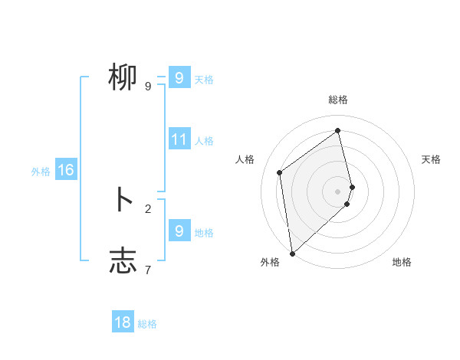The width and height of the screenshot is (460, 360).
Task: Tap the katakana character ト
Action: click(x=123, y=201)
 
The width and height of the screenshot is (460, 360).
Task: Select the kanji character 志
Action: click(x=123, y=260)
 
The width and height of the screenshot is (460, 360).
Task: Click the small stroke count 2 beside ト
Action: click(x=148, y=208)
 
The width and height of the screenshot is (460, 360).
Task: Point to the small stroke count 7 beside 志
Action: click(x=148, y=269)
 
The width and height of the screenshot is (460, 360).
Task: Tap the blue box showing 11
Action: click(x=179, y=139)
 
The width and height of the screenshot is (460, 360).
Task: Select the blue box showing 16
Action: click(x=66, y=170)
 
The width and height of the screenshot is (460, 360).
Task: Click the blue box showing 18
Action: click(x=123, y=322)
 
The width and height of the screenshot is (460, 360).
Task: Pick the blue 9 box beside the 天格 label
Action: click(x=179, y=78)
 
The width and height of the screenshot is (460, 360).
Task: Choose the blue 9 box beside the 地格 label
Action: click(x=179, y=231)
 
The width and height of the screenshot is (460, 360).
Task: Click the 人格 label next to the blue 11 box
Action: click(x=204, y=141)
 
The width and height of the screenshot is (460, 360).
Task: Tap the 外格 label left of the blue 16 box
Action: click(x=41, y=172)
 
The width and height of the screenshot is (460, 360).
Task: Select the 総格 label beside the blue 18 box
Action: click(x=147, y=324)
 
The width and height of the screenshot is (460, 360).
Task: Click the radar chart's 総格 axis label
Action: click(x=337, y=100)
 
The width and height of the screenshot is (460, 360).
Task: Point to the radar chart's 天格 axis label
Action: click(x=431, y=159)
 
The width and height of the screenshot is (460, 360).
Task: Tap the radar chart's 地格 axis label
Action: click(x=402, y=262)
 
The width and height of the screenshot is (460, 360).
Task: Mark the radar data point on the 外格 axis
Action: click(x=292, y=254)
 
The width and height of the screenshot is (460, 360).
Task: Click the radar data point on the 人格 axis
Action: click(x=280, y=172)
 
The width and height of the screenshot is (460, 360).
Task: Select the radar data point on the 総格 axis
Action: click(x=337, y=131)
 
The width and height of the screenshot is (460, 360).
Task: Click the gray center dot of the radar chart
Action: click(x=337, y=191)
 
